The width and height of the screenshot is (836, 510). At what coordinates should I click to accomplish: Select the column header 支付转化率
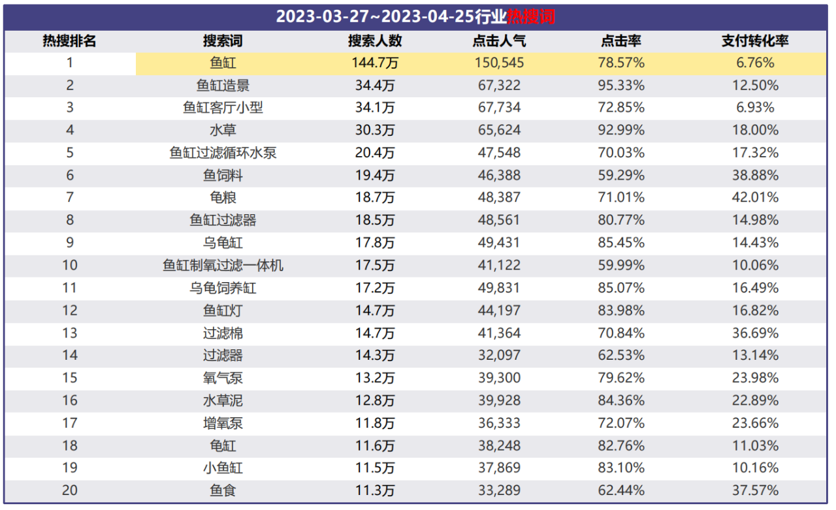tap(754, 41)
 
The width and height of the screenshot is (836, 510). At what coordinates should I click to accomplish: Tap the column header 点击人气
tap(498, 41)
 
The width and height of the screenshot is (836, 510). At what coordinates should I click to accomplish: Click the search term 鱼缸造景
tap(223, 86)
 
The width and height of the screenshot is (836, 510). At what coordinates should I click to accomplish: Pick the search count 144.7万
tap(374, 63)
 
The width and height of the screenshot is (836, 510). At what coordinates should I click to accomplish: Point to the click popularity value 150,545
tap(498, 63)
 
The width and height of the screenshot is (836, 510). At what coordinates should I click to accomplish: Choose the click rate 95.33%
tap(620, 86)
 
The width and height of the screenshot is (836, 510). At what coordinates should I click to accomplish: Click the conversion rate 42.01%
tap(754, 197)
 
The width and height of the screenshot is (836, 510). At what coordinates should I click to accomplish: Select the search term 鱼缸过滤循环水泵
tap(223, 153)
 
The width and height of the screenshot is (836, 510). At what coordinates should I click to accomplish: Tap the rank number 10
tap(69, 265)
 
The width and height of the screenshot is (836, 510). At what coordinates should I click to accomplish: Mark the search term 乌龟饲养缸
tap(223, 287)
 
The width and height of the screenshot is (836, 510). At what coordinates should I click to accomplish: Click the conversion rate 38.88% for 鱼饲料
tap(754, 175)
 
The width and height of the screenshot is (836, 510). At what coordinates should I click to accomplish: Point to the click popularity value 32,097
tap(498, 355)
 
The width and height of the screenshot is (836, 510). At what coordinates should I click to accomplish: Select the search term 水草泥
tap(223, 400)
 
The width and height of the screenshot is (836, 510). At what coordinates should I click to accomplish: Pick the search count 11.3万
tap(374, 490)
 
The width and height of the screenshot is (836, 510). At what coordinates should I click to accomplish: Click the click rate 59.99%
tap(620, 265)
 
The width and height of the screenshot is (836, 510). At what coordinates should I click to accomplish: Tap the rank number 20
tap(69, 490)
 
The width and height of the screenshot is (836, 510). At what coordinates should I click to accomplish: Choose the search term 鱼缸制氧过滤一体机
tap(223, 265)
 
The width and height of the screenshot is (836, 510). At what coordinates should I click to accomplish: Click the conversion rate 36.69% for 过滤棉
tap(754, 333)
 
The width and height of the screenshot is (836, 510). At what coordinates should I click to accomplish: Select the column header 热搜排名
tap(69, 41)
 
